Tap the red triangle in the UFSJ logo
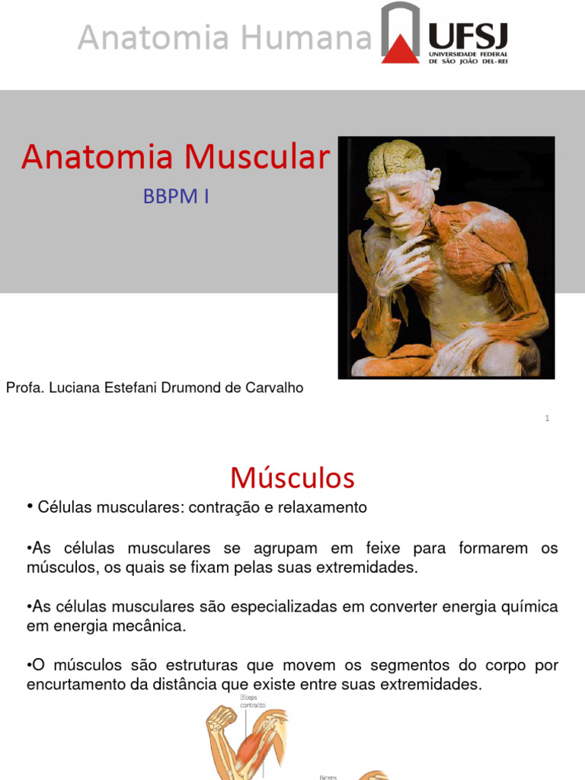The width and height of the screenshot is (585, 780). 400,47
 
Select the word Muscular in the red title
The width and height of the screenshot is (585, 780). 257,157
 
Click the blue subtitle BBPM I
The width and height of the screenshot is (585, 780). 176,197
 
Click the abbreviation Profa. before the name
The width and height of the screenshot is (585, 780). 24,388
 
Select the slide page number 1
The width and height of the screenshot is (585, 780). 547,418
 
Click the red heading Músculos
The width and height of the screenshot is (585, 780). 292,478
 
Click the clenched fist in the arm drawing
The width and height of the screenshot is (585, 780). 222,716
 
